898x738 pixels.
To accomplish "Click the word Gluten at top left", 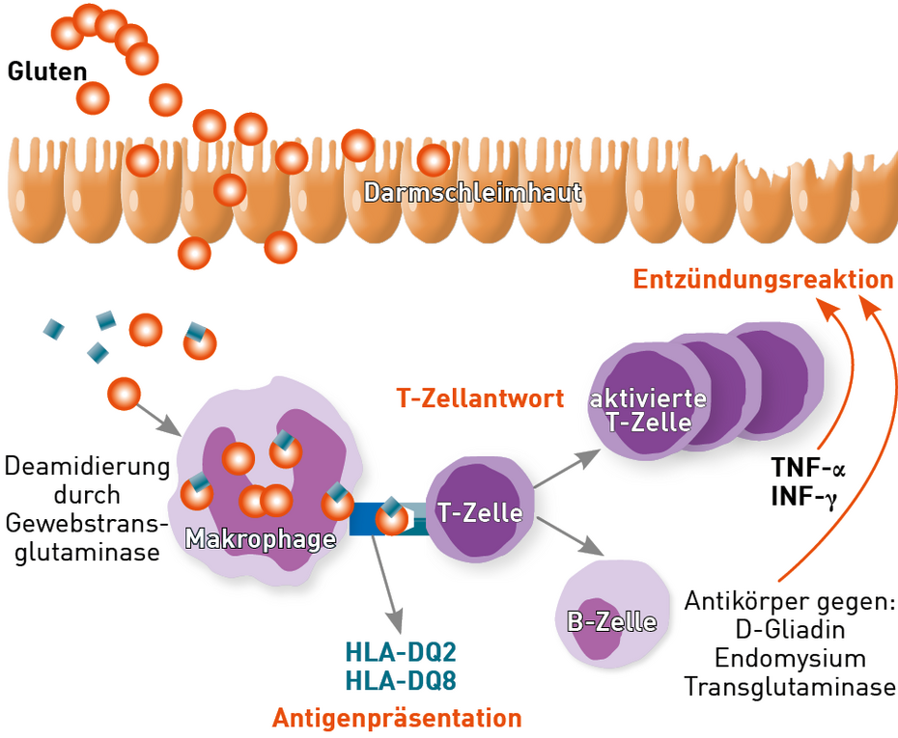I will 47,71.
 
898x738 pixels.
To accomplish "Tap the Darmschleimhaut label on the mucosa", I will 472,192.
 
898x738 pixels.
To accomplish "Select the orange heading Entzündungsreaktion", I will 763,280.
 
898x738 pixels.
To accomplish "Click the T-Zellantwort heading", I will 480,397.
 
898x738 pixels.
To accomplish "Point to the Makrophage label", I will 260,538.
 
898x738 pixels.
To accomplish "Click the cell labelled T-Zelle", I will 480,512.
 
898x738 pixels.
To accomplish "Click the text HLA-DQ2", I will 401,652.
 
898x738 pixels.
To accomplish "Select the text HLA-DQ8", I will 401,680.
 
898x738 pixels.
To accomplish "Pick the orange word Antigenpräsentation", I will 397,718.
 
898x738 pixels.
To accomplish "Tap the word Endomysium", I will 790,658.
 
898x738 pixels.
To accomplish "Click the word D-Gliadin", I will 790,630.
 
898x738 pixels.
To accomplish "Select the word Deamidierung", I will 87,467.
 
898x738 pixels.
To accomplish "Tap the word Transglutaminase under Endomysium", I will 790,687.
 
